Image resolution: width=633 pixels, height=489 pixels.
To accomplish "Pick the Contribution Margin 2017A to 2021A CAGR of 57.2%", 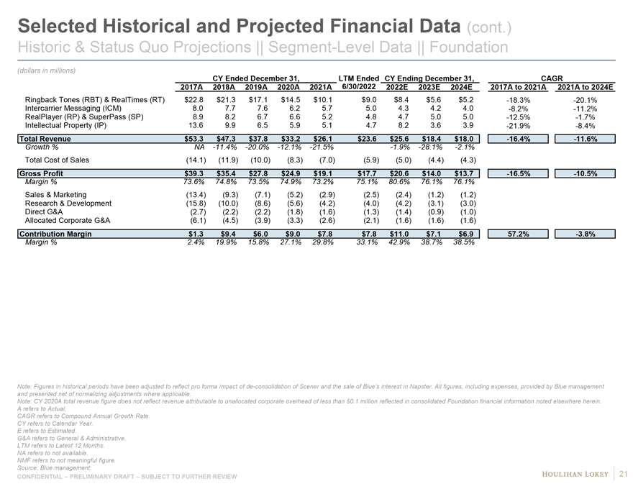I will tap(519, 234).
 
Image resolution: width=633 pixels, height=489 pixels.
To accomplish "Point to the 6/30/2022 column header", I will tap(358, 87).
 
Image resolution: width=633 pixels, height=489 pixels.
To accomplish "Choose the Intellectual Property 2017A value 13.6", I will tap(196, 127).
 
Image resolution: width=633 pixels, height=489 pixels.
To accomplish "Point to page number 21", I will tap(624, 472).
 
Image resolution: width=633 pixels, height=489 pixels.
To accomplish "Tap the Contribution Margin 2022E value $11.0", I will tap(396, 234).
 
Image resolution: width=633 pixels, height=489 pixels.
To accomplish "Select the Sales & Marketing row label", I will tap(55, 195).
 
